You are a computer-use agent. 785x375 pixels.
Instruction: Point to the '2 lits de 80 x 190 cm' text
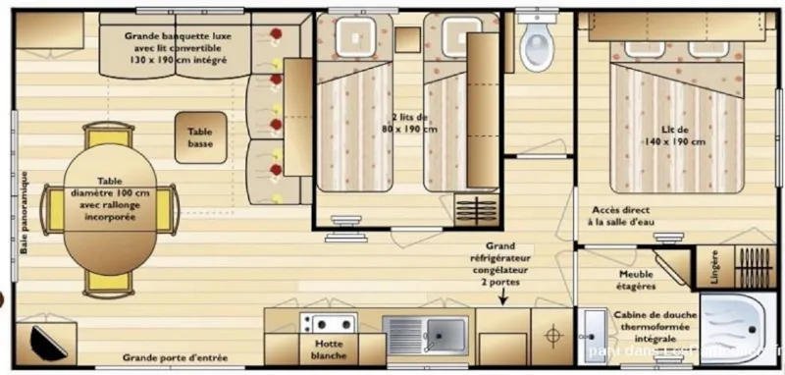point(412,123)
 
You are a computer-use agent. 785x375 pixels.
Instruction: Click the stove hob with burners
point(329,323)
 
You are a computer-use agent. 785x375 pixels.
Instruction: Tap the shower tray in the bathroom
point(739,330)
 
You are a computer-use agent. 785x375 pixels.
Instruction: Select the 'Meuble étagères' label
point(636,280)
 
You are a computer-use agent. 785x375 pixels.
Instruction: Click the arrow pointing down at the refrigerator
point(501,296)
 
